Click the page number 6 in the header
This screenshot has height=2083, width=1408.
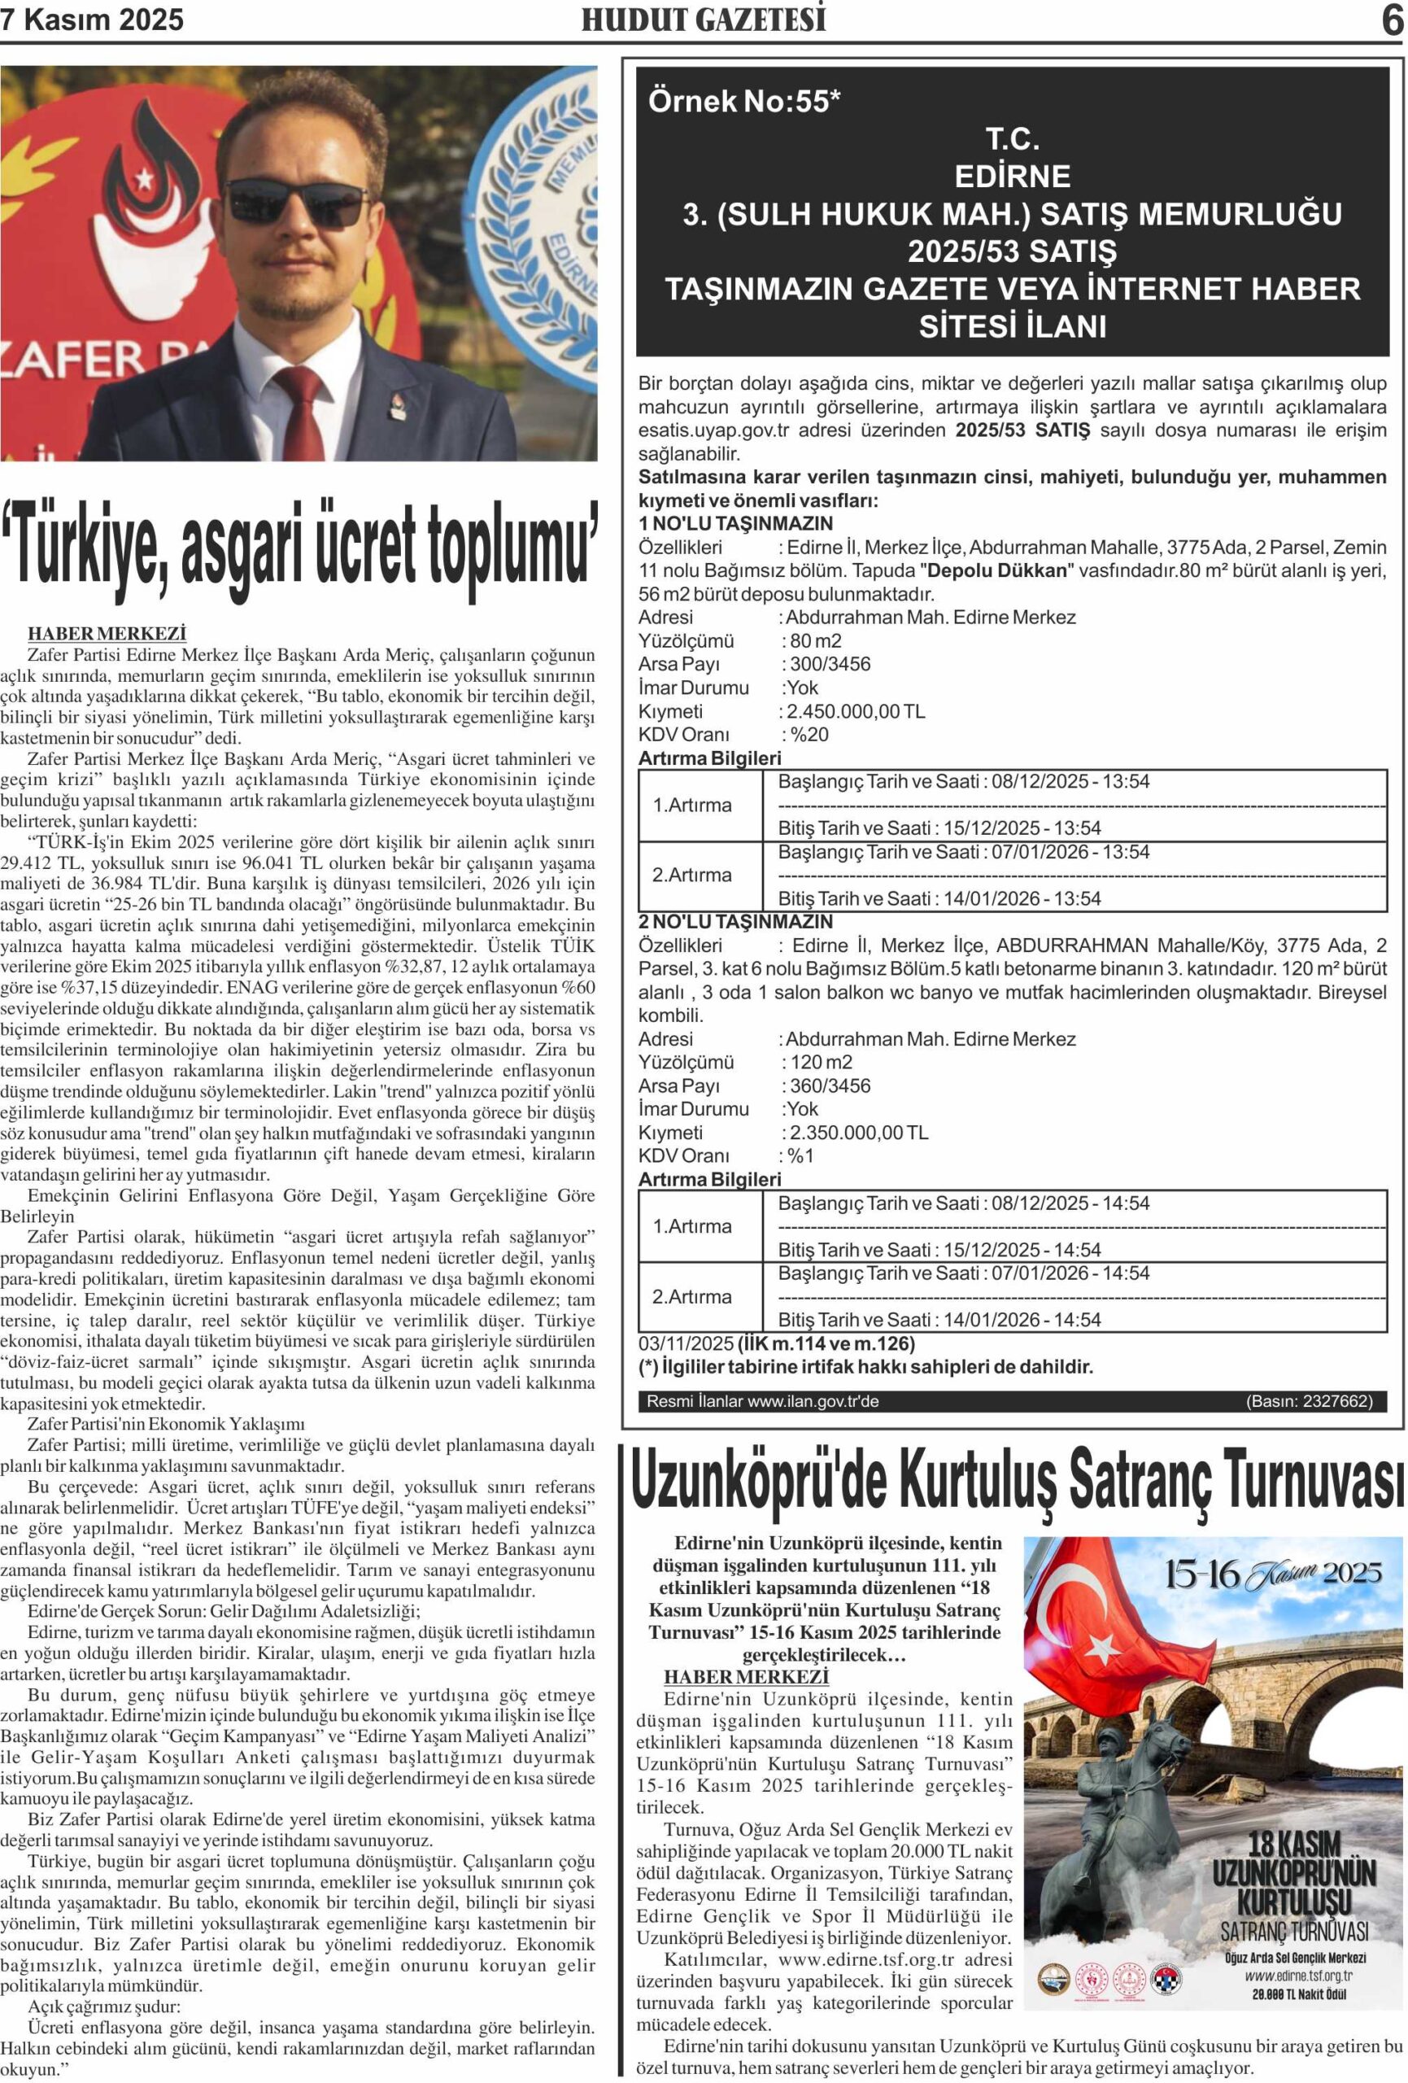1391,20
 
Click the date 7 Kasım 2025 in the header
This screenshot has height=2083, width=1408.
92,20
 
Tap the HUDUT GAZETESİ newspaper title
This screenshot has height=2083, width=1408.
704,20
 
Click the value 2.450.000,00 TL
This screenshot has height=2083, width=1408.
855,712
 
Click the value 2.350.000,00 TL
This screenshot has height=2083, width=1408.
857,1132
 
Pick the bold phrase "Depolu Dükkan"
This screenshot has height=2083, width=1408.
996,571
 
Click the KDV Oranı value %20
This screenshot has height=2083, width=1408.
809,735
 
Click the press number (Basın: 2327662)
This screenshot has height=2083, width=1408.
1309,1401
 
